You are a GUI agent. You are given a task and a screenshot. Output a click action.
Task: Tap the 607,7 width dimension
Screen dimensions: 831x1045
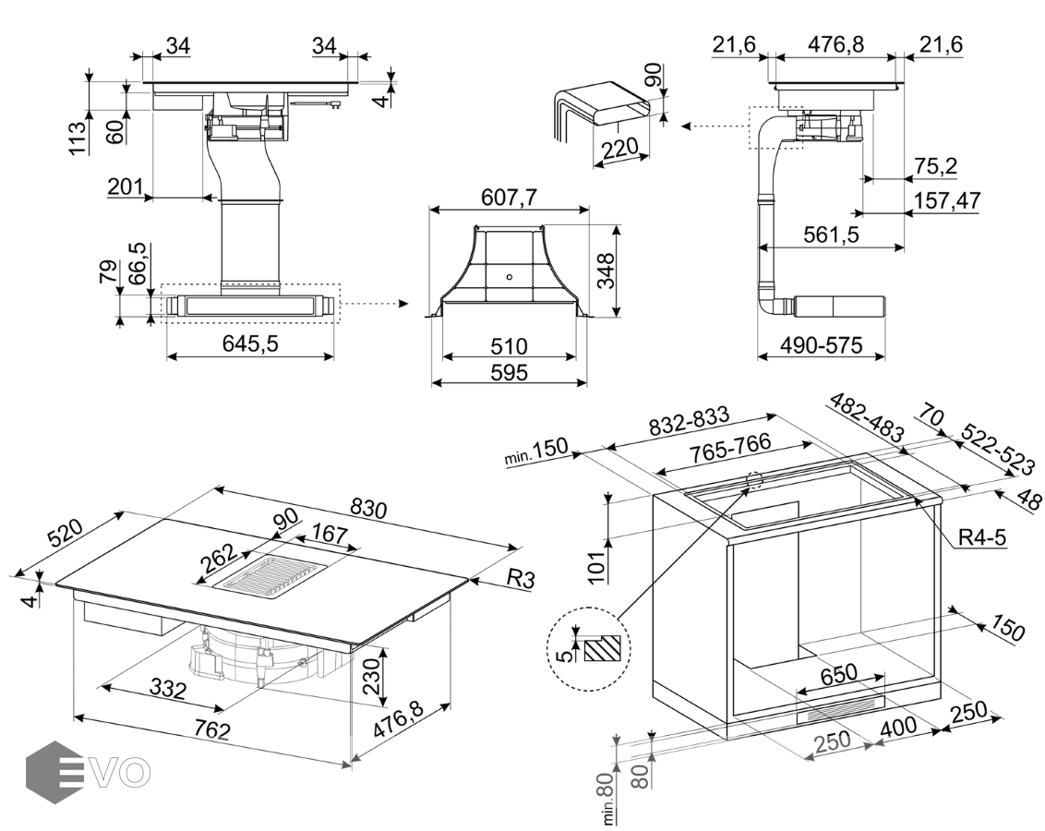pyautogui.click(x=509, y=197)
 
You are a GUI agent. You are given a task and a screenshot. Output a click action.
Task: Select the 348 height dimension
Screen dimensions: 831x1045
pyautogui.click(x=606, y=270)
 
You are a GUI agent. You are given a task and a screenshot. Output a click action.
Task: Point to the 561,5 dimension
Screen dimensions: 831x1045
pyautogui.click(x=831, y=235)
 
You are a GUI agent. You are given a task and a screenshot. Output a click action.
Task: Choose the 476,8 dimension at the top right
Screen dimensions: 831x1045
pyautogui.click(x=835, y=44)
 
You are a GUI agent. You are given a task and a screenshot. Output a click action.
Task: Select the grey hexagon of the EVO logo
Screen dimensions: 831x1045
pyautogui.click(x=54, y=770)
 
